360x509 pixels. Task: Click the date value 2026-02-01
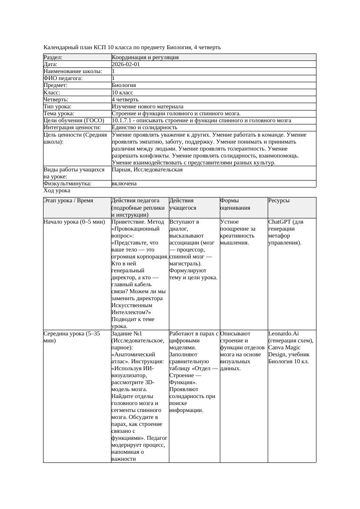click(126, 64)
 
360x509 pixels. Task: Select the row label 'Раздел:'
click(53, 57)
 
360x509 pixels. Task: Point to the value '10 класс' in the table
click(122, 93)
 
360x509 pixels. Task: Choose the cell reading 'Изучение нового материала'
click(148, 107)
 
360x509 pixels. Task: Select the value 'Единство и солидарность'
click(144, 127)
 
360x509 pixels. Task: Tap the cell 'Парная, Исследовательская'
click(147, 170)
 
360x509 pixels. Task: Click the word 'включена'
click(124, 184)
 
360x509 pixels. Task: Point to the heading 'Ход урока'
click(57, 191)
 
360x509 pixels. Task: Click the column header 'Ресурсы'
click(279, 201)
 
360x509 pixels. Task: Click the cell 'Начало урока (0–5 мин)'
click(74, 222)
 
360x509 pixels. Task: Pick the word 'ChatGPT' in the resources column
click(280, 222)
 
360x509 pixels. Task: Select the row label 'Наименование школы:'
click(73, 71)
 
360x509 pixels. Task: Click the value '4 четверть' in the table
click(126, 100)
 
